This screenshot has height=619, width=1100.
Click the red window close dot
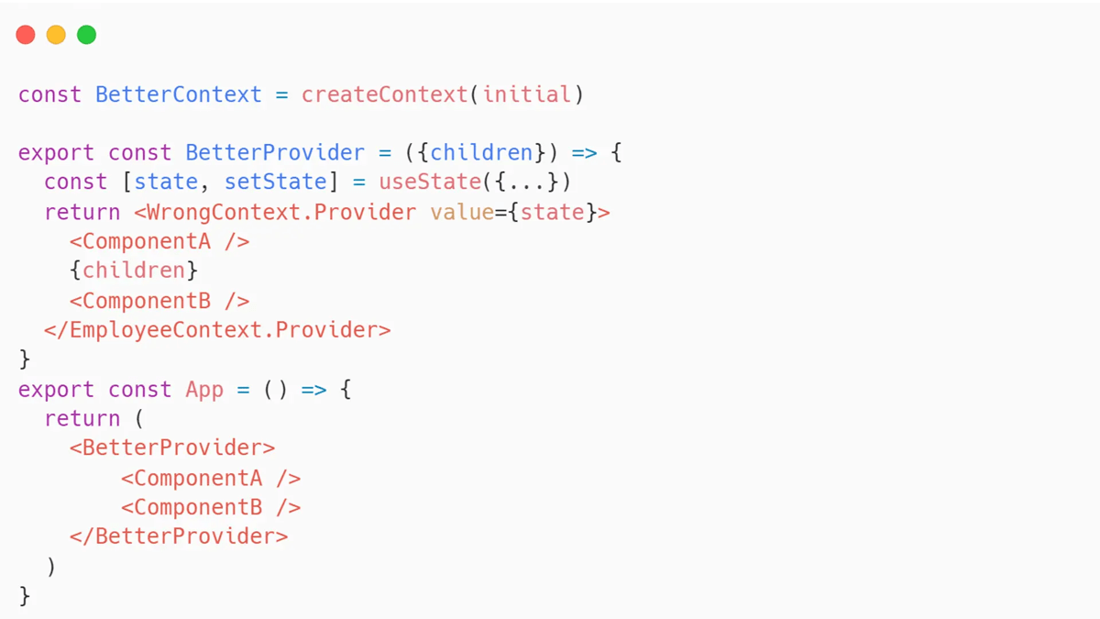[x=26, y=35]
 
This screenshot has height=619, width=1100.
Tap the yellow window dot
[x=56, y=35]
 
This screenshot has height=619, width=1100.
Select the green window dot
[x=86, y=35]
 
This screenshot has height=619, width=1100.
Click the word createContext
[x=384, y=94]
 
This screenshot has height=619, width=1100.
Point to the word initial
[x=526, y=94]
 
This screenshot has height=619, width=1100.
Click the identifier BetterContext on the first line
[x=178, y=94]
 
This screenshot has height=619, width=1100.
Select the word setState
[x=276, y=182]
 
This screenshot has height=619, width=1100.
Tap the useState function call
[x=430, y=182]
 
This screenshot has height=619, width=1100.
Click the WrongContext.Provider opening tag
[x=276, y=212]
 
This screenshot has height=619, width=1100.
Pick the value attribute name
[x=462, y=212]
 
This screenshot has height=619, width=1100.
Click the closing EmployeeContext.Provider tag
[x=217, y=329]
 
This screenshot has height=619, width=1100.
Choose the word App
[x=204, y=390]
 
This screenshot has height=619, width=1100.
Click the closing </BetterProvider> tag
[x=179, y=536]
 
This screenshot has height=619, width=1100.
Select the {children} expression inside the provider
[x=134, y=271]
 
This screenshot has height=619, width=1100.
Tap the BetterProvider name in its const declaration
[x=275, y=153]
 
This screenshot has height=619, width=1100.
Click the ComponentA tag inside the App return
[x=211, y=478]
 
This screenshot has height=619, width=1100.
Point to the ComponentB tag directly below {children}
[x=159, y=301]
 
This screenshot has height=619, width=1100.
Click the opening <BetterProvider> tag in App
[x=172, y=448]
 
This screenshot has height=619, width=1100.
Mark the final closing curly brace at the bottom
[x=25, y=596]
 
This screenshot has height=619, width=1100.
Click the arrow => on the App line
[x=313, y=390]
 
